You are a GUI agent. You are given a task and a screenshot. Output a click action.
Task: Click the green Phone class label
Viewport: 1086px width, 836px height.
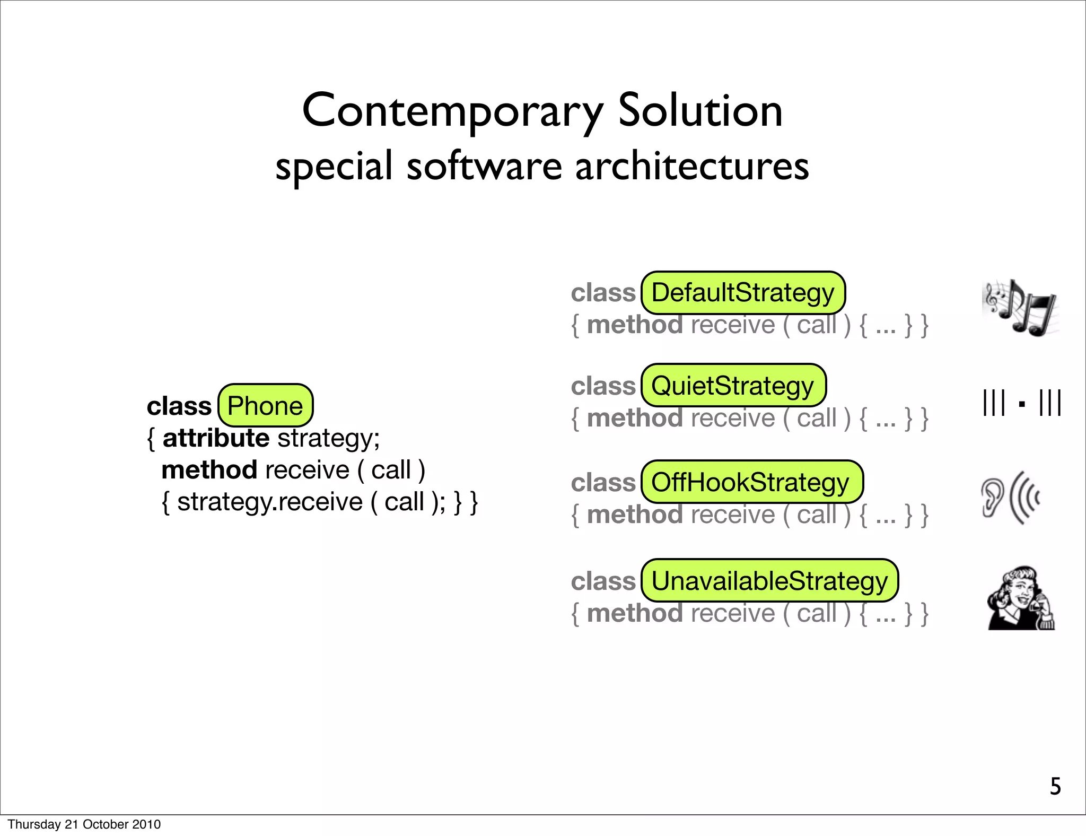(x=265, y=406)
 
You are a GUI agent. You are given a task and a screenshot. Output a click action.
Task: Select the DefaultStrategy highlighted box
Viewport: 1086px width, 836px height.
(x=742, y=293)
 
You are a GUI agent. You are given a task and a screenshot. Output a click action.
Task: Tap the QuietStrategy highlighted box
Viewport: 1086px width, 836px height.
(x=733, y=386)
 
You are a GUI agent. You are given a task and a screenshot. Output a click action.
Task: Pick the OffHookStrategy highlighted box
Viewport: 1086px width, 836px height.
(x=751, y=482)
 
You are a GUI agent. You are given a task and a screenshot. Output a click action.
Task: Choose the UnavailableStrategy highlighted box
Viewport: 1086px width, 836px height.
(x=769, y=581)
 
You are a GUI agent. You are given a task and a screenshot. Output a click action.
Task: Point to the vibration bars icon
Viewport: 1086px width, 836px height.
(x=1021, y=404)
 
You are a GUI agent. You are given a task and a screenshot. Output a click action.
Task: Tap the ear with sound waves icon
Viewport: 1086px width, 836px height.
(x=1010, y=498)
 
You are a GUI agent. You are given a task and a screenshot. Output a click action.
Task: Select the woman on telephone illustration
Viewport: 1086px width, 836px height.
(x=1021, y=598)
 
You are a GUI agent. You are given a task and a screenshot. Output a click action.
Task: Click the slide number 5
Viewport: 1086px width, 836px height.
(x=1055, y=787)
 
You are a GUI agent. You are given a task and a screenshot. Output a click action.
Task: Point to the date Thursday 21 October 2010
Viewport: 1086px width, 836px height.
(x=84, y=824)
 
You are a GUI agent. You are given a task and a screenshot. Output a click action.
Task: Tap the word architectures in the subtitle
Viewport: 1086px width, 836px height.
(x=692, y=166)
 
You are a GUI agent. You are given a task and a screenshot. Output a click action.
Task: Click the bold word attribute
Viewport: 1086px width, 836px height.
(x=216, y=438)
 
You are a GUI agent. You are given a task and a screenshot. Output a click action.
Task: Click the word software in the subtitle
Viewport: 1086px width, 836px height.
(x=484, y=166)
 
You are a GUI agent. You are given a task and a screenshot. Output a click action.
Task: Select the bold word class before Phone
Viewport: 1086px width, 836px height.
(x=179, y=406)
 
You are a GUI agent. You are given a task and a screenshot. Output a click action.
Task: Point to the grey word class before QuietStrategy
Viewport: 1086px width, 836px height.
(x=603, y=386)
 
